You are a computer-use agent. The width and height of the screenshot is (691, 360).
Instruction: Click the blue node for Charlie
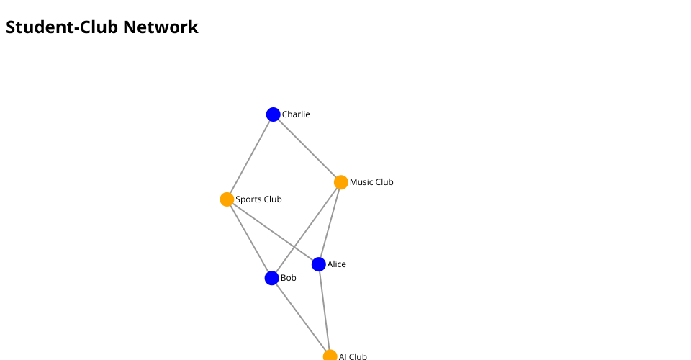coord(273,114)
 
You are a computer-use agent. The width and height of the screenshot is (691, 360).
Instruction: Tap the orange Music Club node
coord(341,182)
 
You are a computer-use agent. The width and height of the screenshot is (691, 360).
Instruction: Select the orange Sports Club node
coord(227,199)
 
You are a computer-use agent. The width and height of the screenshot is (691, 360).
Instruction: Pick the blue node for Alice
coord(319,264)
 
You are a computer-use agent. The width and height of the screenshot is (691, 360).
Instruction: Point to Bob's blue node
coord(271,278)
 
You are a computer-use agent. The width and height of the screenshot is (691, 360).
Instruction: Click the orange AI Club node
coord(330,356)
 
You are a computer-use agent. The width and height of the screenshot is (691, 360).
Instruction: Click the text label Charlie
coord(296,114)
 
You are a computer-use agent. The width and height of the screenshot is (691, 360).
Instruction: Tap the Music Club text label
coord(371,182)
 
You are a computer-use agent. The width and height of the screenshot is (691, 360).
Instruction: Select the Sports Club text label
coord(258,199)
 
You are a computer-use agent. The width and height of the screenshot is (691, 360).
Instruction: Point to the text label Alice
coord(337,264)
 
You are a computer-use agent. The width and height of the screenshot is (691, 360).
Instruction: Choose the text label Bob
coord(289,278)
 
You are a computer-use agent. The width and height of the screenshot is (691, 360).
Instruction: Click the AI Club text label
coord(353,356)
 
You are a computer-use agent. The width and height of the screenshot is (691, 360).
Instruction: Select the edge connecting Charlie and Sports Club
coord(250,157)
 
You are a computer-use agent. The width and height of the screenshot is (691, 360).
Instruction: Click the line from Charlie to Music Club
coord(307,148)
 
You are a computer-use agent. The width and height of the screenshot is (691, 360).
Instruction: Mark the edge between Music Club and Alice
coord(330,222)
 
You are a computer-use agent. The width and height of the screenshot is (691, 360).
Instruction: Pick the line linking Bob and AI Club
coord(301,318)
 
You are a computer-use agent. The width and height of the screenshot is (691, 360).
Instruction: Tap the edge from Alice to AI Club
coord(324,310)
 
